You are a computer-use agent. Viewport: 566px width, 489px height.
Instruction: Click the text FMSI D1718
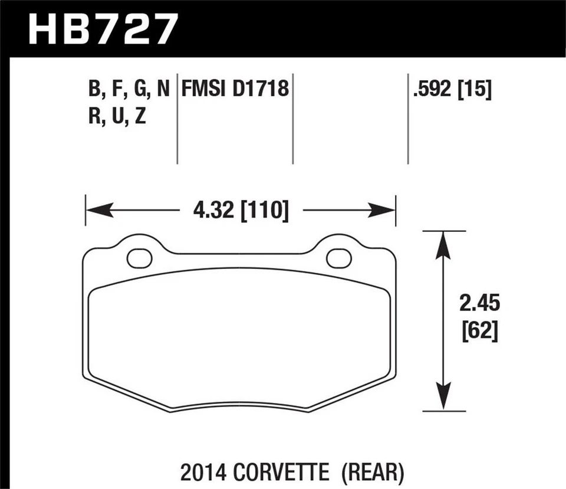pyautogui.click(x=235, y=89)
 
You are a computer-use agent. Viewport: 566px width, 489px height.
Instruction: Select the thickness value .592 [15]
pyautogui.click(x=452, y=90)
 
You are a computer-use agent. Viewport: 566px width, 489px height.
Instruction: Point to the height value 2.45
pyautogui.click(x=479, y=304)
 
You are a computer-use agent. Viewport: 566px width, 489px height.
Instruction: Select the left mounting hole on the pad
pyautogui.click(x=140, y=257)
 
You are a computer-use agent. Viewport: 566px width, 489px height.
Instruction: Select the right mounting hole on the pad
pyautogui.click(x=338, y=257)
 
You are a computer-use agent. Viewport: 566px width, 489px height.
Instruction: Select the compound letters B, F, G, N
pyautogui.click(x=129, y=89)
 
